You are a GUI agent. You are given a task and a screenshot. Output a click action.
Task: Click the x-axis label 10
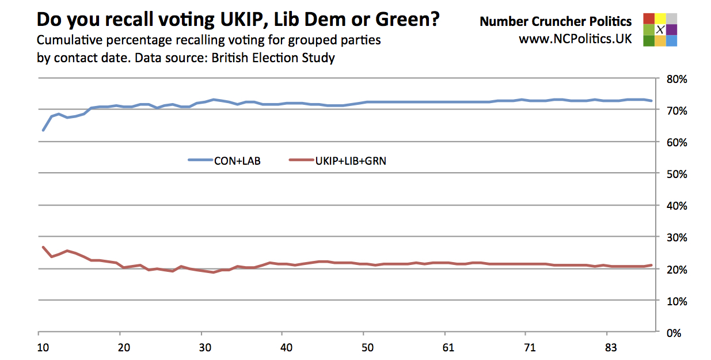(43, 348)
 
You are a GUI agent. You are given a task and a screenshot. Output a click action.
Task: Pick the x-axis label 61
(448, 348)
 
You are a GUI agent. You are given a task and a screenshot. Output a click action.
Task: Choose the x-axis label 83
(611, 348)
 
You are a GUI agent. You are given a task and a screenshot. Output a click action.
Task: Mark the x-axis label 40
(286, 348)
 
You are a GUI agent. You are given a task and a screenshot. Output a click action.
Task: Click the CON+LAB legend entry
(225, 161)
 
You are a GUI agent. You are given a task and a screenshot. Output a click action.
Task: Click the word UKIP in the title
(238, 20)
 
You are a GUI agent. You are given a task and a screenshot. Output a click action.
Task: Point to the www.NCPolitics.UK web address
(575, 39)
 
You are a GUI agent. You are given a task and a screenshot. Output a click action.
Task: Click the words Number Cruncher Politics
(556, 22)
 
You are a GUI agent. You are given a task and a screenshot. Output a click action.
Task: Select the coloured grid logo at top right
(660, 29)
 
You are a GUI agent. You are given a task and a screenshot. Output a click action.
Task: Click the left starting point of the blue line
(43, 130)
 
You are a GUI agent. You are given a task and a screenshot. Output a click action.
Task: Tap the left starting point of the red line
(43, 247)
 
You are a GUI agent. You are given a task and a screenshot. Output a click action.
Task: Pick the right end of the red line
(651, 265)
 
